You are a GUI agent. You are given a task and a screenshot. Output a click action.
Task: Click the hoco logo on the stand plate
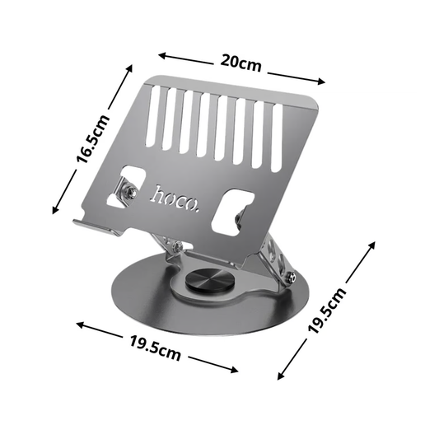(175, 197)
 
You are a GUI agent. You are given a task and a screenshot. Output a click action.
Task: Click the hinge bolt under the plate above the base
(175, 245)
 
